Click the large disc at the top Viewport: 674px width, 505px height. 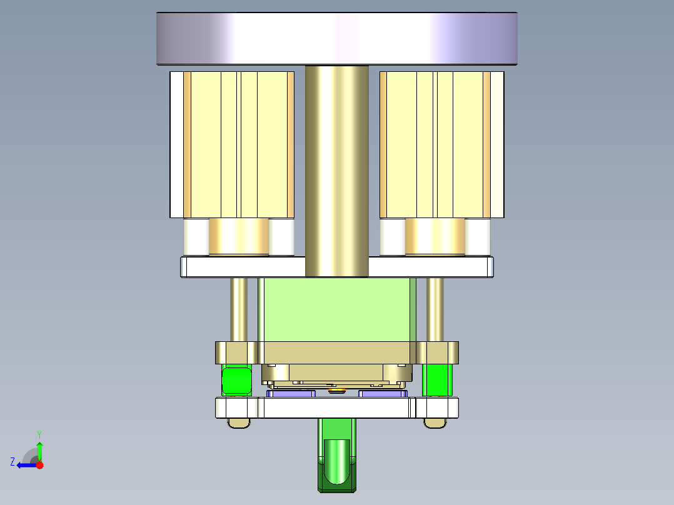coord(336,39)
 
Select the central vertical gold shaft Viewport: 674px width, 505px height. coord(336,169)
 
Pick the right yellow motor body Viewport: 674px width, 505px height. coord(435,144)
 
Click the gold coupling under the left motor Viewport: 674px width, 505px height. coord(238,236)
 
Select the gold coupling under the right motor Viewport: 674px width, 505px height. coord(435,236)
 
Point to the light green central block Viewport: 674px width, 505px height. coord(336,309)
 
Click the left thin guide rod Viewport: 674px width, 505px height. coord(239,309)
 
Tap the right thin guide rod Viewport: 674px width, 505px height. coord(435,309)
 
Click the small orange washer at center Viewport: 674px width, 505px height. coord(336,391)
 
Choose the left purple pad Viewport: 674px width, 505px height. coord(291,394)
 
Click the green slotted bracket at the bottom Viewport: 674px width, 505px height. coord(336,456)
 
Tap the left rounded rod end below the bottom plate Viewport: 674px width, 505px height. coord(238,423)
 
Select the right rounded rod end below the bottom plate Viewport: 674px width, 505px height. coord(435,423)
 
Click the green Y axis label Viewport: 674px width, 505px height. coord(39,434)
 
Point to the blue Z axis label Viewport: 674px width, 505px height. coord(13,462)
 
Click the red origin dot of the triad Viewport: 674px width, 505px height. coord(39,465)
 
